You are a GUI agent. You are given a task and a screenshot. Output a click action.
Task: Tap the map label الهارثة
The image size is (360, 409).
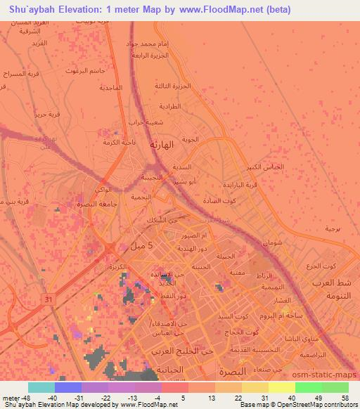(163, 144)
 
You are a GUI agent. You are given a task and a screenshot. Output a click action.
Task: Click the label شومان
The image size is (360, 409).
(274, 242)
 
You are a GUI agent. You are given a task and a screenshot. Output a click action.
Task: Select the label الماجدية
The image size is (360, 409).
(110, 87)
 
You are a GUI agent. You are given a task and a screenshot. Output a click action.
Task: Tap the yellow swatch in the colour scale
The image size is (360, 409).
(281, 387)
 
